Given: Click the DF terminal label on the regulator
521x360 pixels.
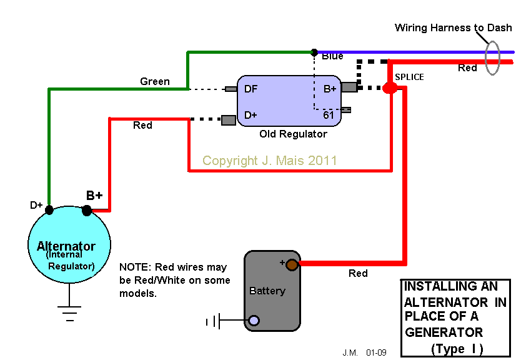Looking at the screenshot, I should (x=251, y=89).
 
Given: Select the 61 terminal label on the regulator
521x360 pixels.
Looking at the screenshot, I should (x=329, y=115).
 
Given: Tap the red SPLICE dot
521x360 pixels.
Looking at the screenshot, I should (x=390, y=88).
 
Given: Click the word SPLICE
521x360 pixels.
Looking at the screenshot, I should (x=409, y=77).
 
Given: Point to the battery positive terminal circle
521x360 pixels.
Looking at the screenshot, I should (x=292, y=264).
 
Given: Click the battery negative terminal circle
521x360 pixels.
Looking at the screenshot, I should (x=254, y=321).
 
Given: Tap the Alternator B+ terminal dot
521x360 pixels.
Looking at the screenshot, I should (x=87, y=211).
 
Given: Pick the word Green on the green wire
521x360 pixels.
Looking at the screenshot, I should (x=154, y=81).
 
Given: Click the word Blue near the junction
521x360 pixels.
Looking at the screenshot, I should (x=332, y=56).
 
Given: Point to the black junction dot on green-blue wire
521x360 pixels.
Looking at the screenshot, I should (x=314, y=52).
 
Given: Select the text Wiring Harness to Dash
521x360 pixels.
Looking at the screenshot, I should (x=453, y=28).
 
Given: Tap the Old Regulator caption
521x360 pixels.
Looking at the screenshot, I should (x=293, y=134).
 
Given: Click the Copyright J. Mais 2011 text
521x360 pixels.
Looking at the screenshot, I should (x=269, y=161).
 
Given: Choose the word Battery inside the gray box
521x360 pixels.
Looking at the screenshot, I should (x=267, y=291).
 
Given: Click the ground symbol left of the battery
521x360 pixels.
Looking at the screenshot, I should (x=213, y=322).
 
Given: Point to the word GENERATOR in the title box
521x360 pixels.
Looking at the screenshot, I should (x=444, y=332).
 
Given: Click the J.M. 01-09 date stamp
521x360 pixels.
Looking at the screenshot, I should (x=364, y=353).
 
